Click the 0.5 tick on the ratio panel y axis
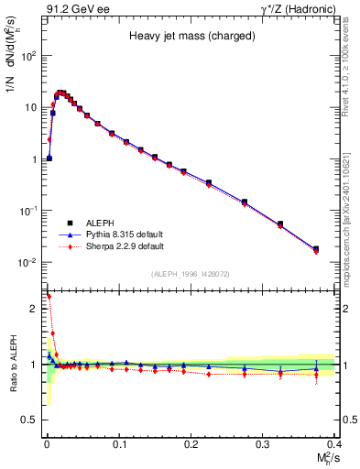click(34, 420)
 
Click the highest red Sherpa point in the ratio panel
click(49, 297)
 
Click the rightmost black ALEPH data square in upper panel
click(316, 248)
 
